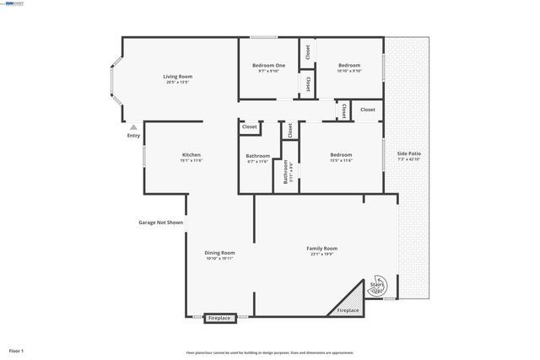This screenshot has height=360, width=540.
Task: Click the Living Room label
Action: (x=178, y=77)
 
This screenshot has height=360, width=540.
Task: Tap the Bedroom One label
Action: (x=268, y=66)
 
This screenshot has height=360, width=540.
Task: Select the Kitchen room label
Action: (x=192, y=155)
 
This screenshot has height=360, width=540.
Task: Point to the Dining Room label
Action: (x=219, y=253)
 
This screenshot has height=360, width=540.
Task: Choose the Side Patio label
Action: (x=408, y=153)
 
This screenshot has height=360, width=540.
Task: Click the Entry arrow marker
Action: (x=133, y=126)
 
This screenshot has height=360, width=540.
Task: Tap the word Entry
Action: (x=133, y=136)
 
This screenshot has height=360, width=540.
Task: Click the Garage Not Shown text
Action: (x=160, y=223)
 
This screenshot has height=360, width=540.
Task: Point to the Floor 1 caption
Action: (x=17, y=350)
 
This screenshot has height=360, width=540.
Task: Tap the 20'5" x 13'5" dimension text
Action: (x=178, y=83)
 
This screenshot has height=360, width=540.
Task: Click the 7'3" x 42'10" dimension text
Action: (x=408, y=159)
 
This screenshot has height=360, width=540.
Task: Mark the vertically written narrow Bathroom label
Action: (x=286, y=172)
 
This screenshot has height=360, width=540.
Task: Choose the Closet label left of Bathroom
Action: (x=250, y=127)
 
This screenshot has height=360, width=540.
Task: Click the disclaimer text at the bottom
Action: (x=270, y=352)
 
